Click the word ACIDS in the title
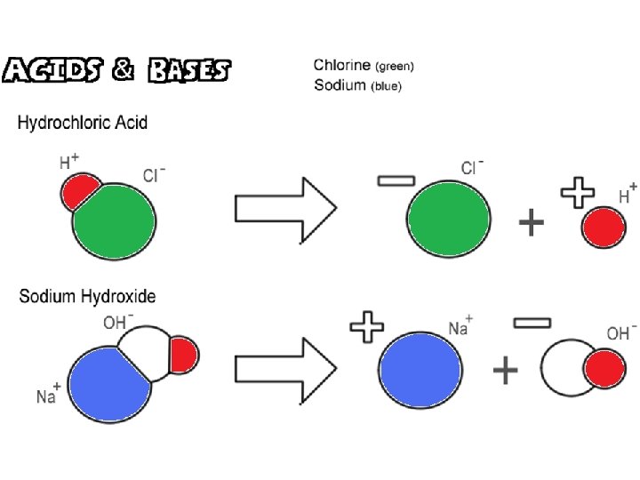[52, 69]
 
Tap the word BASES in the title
[189, 70]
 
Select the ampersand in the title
[123, 69]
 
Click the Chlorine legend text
[364, 65]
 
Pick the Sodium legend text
[358, 85]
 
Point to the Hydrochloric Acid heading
[83, 123]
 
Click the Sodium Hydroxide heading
[87, 296]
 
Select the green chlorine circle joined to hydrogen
[116, 222]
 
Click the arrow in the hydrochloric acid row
[285, 210]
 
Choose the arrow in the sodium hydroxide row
[285, 370]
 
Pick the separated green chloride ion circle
[449, 219]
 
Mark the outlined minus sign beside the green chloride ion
[396, 180]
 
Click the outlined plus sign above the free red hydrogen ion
[578, 193]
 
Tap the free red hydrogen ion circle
[604, 227]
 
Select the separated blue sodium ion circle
[420, 370]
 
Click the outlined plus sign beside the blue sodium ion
[367, 326]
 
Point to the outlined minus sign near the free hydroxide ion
[532, 324]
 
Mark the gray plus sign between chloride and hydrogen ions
[531, 222]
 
